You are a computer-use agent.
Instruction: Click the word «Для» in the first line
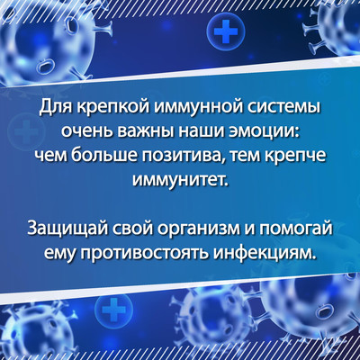57,108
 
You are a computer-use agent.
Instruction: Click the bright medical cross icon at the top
226,31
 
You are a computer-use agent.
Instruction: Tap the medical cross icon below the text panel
113,309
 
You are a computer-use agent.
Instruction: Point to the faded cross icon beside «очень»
26,133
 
